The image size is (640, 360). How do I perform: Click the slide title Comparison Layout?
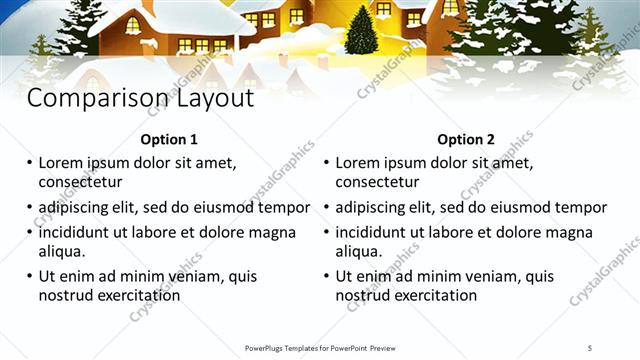[x=139, y=99]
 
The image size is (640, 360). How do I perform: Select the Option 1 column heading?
[x=169, y=140]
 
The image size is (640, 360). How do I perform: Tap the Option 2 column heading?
[x=466, y=140]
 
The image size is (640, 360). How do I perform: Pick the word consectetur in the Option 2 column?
[x=377, y=182]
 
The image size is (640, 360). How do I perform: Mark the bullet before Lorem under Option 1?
[x=29, y=163]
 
